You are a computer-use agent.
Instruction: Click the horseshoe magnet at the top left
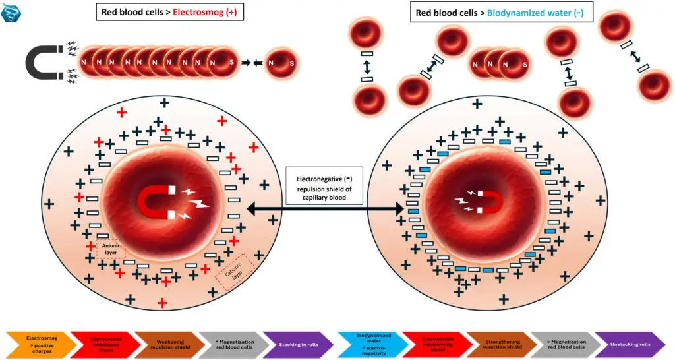click(x=44, y=63)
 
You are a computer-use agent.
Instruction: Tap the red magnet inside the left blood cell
click(x=157, y=201)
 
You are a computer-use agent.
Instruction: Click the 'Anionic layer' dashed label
click(x=111, y=249)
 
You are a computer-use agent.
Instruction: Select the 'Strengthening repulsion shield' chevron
click(x=498, y=345)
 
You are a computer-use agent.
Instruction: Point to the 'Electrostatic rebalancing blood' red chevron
click(x=436, y=345)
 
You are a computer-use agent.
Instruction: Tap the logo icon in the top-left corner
click(x=11, y=12)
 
